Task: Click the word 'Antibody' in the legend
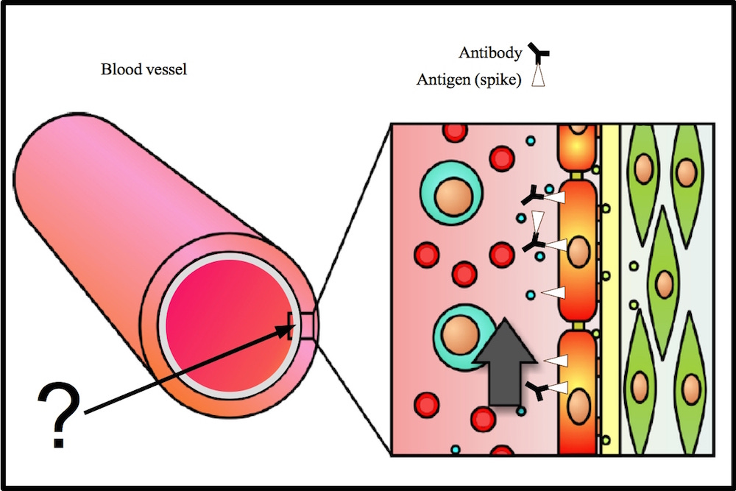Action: pos(489,53)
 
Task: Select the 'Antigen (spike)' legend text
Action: pos(469,80)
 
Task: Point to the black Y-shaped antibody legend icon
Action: pos(539,52)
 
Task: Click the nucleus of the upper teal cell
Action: pos(450,197)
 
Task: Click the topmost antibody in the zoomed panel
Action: pos(531,197)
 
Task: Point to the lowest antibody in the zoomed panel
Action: pos(538,392)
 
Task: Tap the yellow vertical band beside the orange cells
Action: pos(610,294)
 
